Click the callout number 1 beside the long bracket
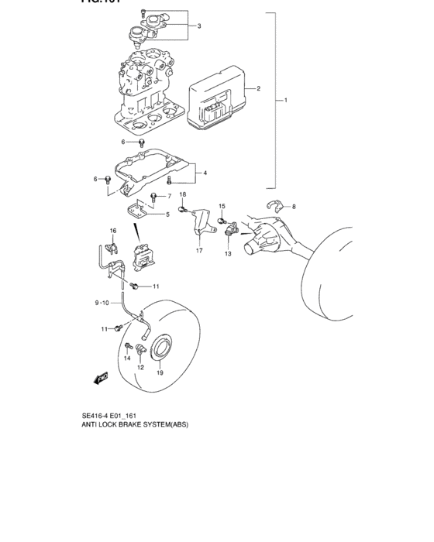[286, 101]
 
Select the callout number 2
[258, 88]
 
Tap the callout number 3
[199, 26]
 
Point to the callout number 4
[205, 173]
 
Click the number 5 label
[167, 214]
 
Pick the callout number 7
[168, 196]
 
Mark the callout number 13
[228, 253]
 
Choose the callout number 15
[221, 206]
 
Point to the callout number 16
[112, 231]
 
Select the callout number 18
[183, 194]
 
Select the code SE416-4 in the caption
[98, 415]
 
